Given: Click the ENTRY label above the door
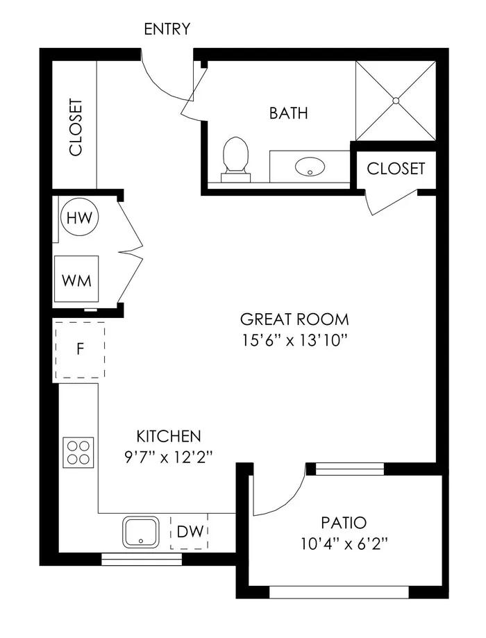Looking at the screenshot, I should (167, 29).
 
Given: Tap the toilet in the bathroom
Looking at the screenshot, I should (235, 157).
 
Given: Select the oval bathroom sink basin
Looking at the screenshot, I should (310, 167).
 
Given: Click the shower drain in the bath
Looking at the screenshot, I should (396, 101).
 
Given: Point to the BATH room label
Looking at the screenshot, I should (288, 113).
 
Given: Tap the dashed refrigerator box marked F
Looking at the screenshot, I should (80, 350).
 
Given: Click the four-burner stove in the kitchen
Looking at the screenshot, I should (78, 452).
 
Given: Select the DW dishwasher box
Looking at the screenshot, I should (190, 532).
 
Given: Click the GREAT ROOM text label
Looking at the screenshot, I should (294, 319).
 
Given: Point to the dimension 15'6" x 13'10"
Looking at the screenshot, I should (294, 340).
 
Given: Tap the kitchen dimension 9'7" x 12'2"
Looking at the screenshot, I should (168, 457).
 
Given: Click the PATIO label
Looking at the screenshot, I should (344, 523).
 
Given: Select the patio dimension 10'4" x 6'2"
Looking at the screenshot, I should (344, 544).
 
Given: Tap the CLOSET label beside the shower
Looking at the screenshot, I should (395, 169).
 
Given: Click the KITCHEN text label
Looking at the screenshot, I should (168, 437).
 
